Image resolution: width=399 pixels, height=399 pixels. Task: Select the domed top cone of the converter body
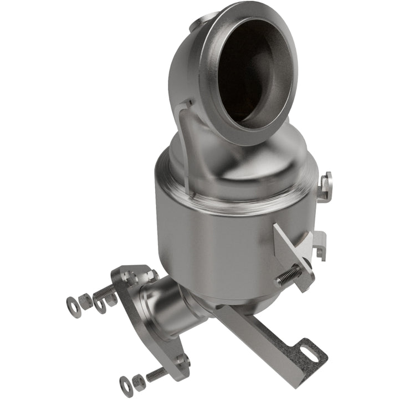click(x=233, y=166)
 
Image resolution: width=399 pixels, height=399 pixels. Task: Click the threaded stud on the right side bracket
click(x=288, y=275)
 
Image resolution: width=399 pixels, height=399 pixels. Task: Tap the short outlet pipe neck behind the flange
click(x=166, y=302)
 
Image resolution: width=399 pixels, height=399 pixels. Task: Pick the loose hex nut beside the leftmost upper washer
click(x=86, y=301)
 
